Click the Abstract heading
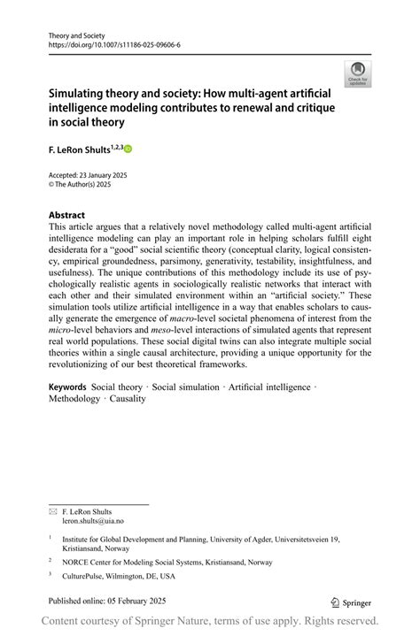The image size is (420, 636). pyautogui.click(x=67, y=215)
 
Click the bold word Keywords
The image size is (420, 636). pyautogui.click(x=67, y=387)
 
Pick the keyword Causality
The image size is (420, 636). pyautogui.click(x=128, y=399)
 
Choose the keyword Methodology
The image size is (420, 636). pyautogui.click(x=74, y=399)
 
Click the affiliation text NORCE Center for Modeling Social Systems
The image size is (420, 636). pyautogui.click(x=161, y=561)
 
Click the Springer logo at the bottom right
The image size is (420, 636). pyautogui.click(x=353, y=602)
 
